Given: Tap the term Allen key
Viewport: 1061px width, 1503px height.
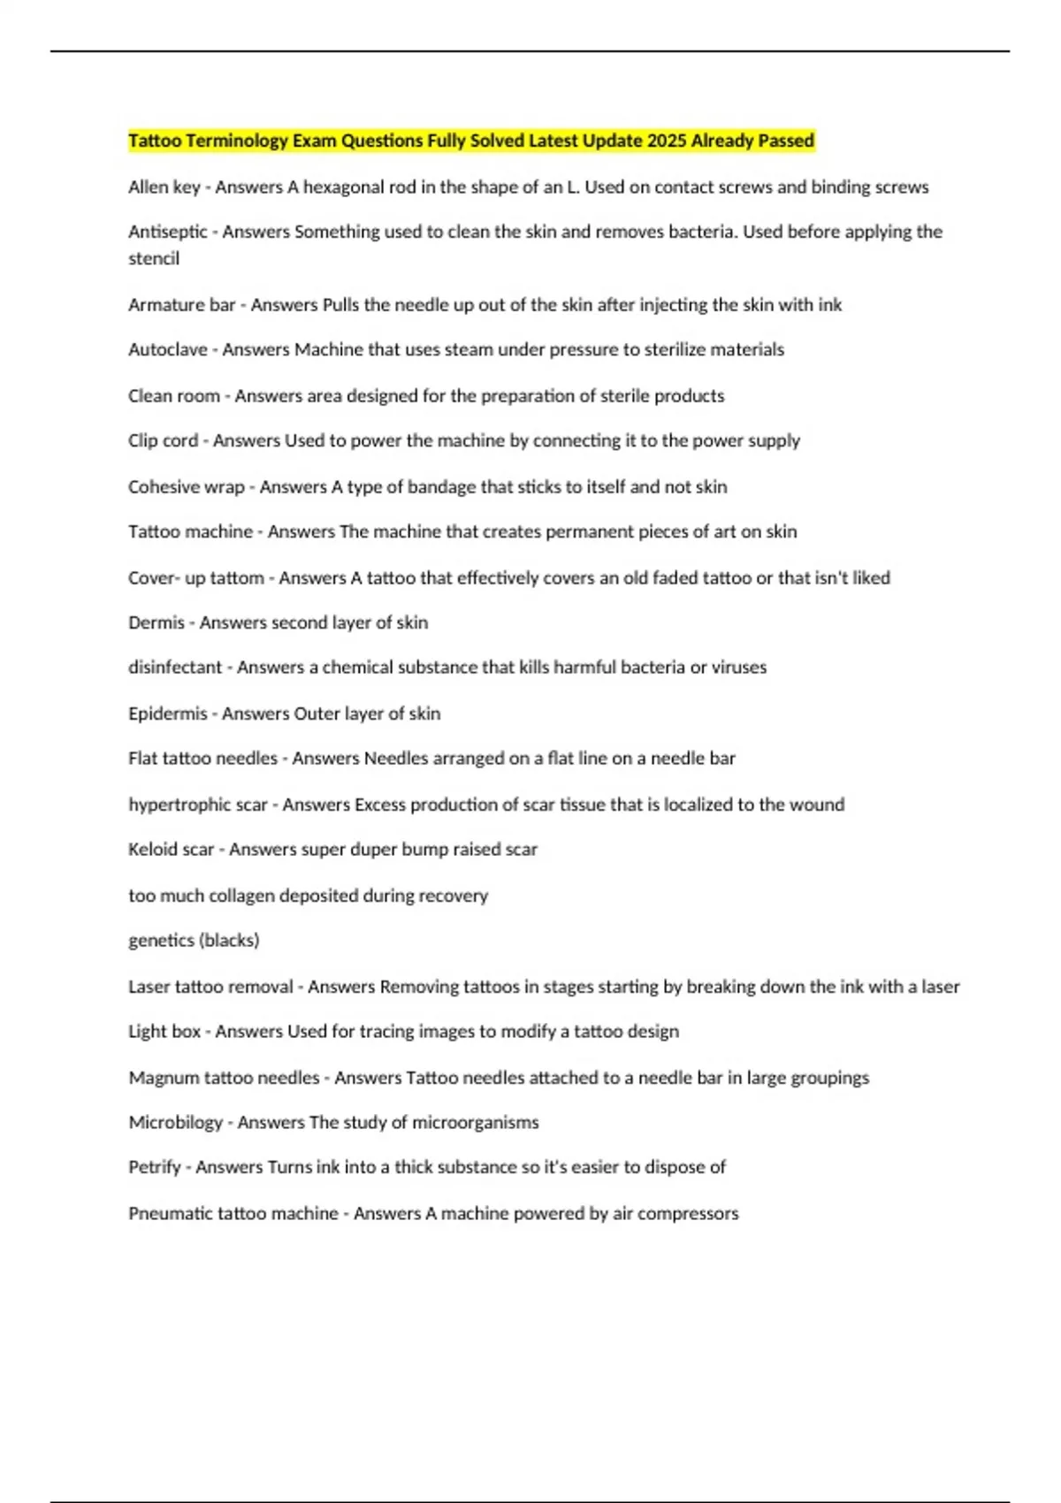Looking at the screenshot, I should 164,187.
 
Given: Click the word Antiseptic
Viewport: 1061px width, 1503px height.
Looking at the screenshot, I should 167,232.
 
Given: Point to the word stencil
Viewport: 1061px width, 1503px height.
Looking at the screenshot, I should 154,259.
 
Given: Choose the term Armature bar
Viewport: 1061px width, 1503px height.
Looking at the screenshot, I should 181,305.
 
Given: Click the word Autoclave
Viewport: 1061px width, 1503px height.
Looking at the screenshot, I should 167,350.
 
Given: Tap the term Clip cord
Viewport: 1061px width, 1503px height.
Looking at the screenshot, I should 163,440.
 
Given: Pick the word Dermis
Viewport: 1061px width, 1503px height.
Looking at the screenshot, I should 156,622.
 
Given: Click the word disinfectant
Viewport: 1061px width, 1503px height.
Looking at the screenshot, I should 174,668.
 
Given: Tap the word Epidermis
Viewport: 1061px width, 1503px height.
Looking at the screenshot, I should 167,713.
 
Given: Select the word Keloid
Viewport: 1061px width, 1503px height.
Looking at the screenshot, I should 153,850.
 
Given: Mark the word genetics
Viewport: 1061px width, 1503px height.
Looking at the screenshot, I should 161,941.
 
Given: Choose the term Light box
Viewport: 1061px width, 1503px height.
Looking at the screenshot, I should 164,1032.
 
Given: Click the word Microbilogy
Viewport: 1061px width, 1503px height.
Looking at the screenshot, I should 175,1123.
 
